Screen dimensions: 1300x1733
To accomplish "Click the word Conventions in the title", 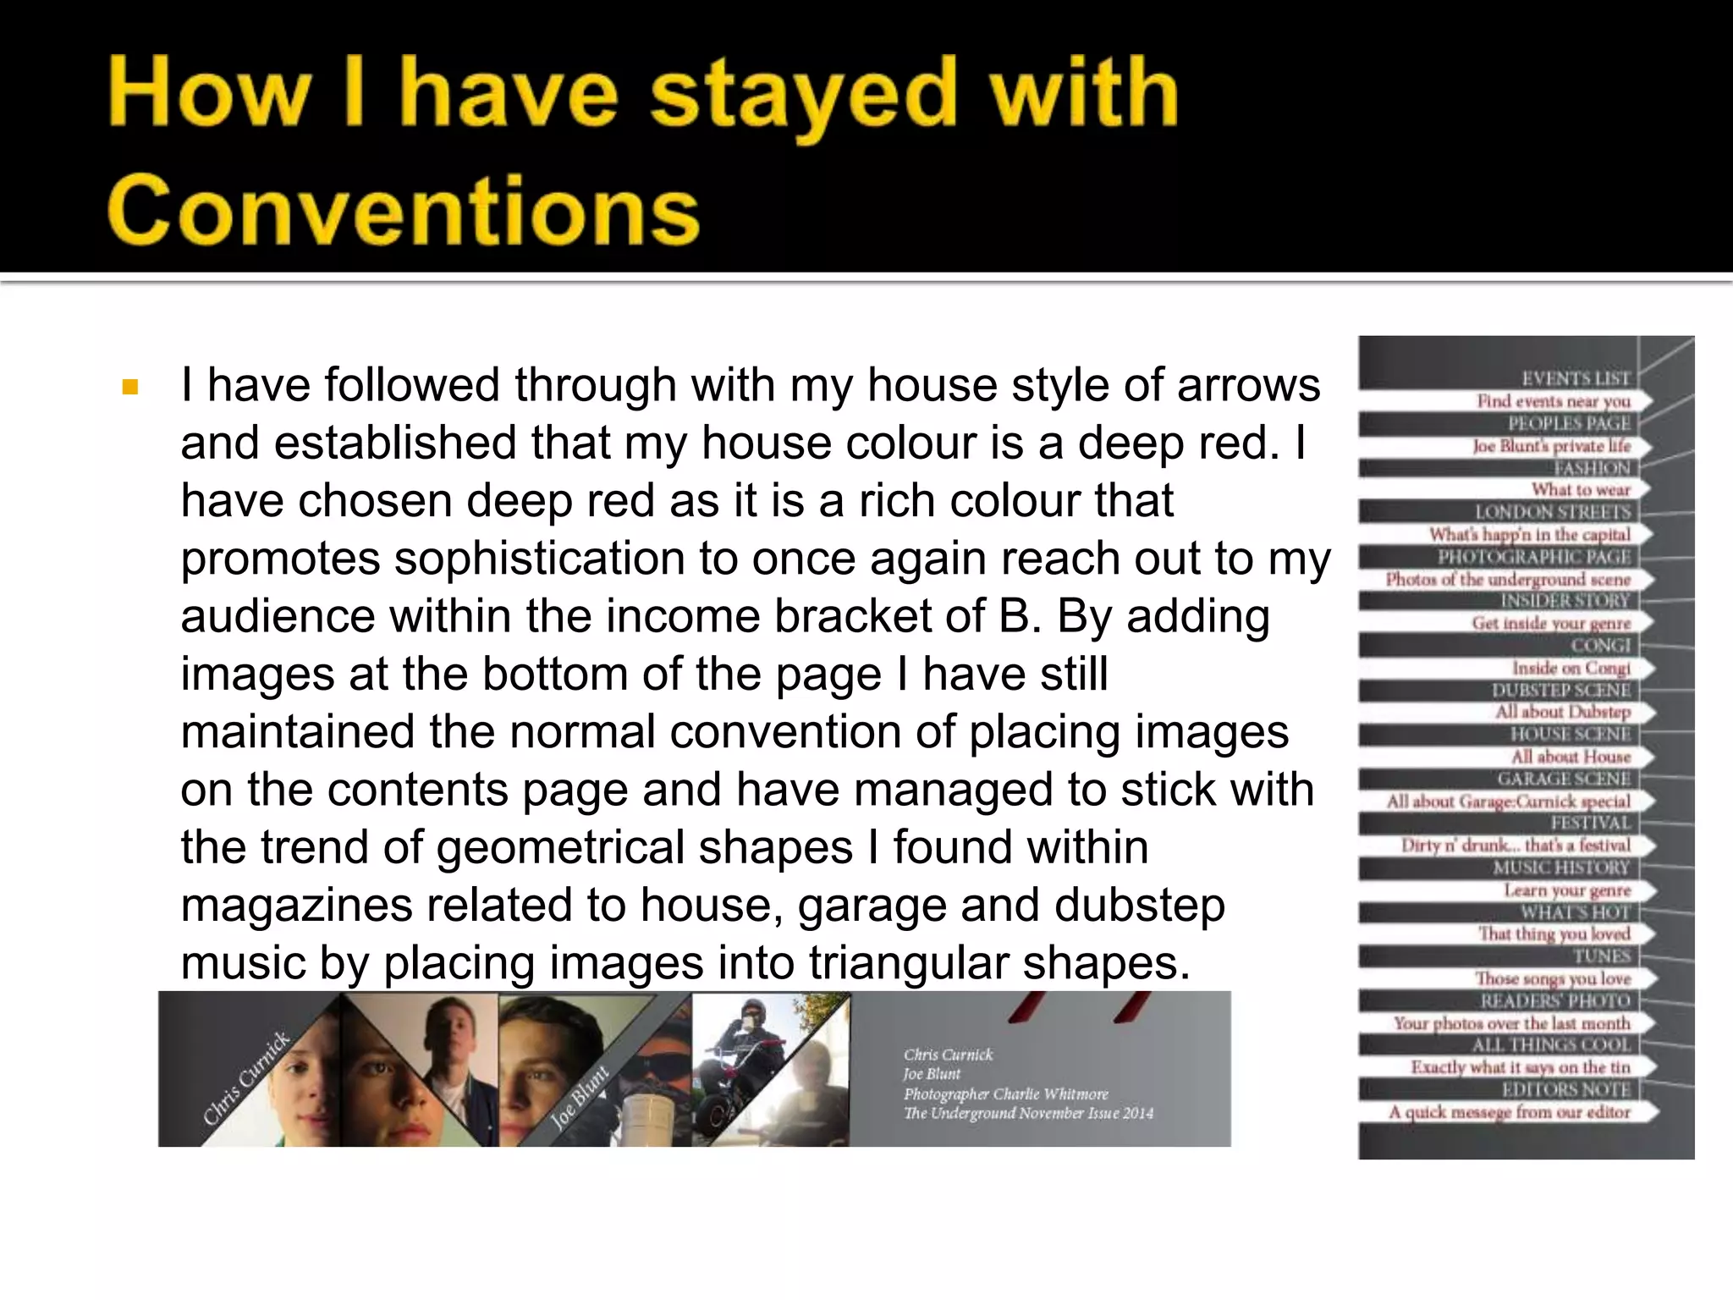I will coord(403,209).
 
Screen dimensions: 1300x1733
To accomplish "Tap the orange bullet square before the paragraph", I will coord(129,388).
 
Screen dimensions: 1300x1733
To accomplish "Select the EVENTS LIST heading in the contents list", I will coord(1575,378).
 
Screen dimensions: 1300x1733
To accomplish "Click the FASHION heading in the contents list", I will coord(1591,468).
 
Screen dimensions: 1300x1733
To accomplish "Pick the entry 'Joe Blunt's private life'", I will coord(1551,446).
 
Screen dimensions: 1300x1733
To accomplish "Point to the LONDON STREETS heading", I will coord(1552,512).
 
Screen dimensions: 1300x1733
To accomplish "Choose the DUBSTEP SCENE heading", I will coord(1560,690).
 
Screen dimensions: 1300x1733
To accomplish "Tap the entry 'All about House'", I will coord(1571,757).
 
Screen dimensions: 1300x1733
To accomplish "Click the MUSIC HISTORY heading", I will coord(1560,868).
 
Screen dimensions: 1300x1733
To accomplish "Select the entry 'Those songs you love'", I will coord(1553,978).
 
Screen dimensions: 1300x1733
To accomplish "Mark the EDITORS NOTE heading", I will coord(1565,1089).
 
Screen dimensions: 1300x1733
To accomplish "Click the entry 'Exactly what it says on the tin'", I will coord(1520,1067).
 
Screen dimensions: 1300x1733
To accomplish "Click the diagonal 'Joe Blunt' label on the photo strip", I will coord(580,1097).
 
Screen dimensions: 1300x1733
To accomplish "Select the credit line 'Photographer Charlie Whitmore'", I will coord(1005,1093).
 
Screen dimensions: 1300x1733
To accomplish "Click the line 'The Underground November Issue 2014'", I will coord(1028,1113).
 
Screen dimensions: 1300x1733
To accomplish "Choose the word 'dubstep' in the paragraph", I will coord(1139,905).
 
